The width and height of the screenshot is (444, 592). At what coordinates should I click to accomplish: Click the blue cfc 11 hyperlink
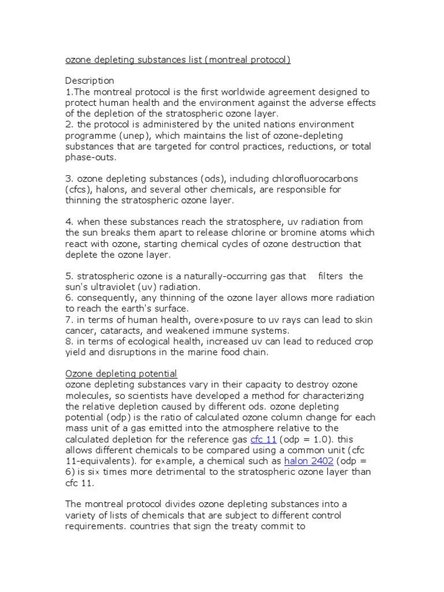pyautogui.click(x=264, y=439)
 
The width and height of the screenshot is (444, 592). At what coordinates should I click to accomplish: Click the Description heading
pyautogui.click(x=90, y=80)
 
